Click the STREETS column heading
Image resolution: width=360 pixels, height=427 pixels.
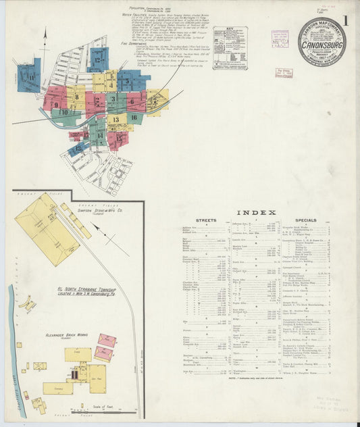206,221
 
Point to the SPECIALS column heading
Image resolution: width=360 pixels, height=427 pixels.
305,221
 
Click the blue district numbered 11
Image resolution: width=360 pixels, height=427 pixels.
30,78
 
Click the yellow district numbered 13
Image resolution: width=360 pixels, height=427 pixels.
115,120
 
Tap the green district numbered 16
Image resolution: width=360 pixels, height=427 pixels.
134,118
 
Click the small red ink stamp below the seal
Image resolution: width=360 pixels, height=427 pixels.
284,73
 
